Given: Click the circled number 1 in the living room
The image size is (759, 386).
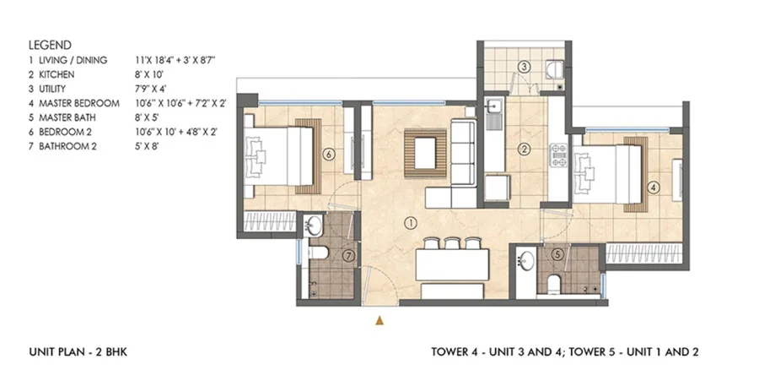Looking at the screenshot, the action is (x=411, y=224).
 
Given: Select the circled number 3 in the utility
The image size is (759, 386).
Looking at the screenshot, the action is (x=524, y=67).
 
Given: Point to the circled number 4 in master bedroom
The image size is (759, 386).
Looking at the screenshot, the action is (x=654, y=188).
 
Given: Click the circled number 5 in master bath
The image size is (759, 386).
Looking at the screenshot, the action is (x=558, y=253).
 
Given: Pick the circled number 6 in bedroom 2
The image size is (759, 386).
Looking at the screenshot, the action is (x=329, y=155).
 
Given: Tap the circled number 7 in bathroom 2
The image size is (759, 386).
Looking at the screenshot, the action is (x=349, y=256).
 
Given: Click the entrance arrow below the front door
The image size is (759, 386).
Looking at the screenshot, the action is (x=380, y=320).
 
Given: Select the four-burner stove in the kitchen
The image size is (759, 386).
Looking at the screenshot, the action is (x=558, y=155).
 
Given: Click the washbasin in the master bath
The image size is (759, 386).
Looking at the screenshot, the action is (x=525, y=259).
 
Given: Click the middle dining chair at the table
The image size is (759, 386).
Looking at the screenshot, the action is (x=452, y=243).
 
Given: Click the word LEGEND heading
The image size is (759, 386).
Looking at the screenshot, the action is (x=50, y=45).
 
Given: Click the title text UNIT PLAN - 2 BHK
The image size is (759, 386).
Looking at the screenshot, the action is (x=78, y=351).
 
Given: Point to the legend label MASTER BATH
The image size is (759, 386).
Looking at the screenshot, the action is (x=67, y=117).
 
